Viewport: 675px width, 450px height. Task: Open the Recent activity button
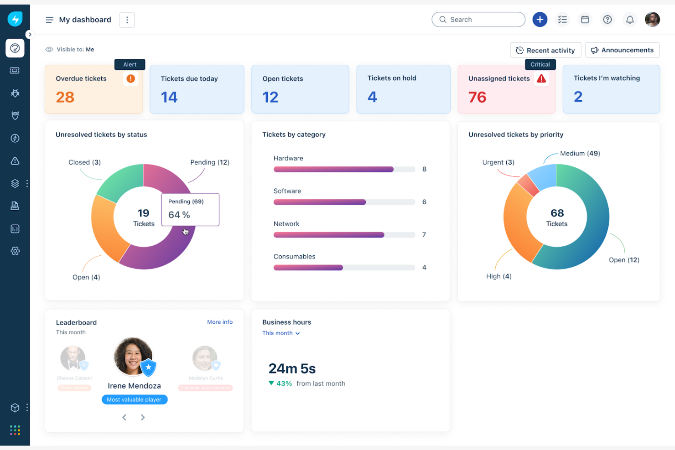click(x=545, y=50)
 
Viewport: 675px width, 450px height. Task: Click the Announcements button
click(x=623, y=50)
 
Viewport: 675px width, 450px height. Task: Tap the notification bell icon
click(x=630, y=20)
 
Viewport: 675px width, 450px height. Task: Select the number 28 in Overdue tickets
click(x=65, y=97)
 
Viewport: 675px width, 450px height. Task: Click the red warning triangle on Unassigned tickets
click(x=541, y=79)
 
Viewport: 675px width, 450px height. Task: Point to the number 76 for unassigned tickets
click(x=478, y=97)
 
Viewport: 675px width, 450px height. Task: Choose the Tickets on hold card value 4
click(x=372, y=97)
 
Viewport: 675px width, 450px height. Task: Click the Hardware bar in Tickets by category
click(x=333, y=169)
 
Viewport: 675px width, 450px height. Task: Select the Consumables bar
click(x=308, y=268)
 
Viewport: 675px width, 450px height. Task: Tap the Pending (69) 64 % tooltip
click(x=190, y=209)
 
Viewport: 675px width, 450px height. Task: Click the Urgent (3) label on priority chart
click(x=498, y=162)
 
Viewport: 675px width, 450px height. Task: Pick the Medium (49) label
click(x=580, y=153)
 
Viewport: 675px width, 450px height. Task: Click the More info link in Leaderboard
click(x=220, y=322)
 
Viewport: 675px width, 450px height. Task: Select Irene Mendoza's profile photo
click(x=133, y=356)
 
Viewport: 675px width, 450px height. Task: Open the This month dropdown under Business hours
click(x=281, y=333)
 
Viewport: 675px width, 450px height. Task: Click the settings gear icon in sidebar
click(x=15, y=251)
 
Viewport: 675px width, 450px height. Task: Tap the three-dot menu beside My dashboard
click(x=127, y=20)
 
